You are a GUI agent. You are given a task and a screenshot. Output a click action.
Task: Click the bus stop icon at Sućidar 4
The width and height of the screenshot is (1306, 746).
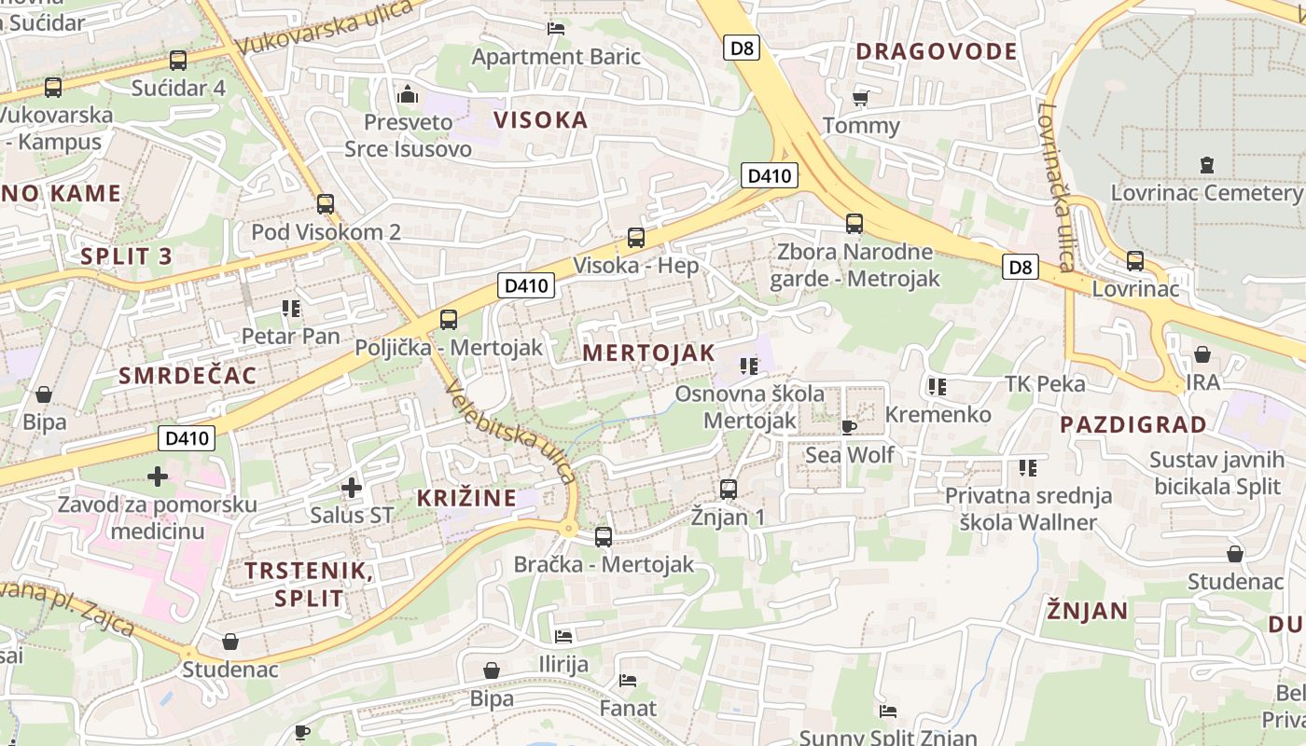(178, 61)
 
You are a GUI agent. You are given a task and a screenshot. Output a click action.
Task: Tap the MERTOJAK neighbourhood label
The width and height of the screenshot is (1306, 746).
(648, 352)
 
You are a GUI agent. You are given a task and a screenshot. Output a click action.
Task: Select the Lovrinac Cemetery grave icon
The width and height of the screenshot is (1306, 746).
(1207, 166)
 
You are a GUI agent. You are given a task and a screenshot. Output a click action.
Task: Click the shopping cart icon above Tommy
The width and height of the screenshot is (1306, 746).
(860, 98)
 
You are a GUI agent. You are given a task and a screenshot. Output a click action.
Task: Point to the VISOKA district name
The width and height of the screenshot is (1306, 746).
(540, 119)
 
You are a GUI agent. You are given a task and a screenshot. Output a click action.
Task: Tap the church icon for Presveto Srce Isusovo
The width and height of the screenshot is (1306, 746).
(408, 94)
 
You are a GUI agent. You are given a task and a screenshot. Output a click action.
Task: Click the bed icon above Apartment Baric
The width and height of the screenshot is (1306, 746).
(556, 29)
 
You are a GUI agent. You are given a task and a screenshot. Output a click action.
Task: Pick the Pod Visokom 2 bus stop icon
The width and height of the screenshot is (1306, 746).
(326, 203)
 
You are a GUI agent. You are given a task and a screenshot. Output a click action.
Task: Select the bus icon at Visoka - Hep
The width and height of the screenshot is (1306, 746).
(636, 237)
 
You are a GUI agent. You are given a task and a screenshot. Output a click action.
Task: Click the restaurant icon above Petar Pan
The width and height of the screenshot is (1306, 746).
(290, 309)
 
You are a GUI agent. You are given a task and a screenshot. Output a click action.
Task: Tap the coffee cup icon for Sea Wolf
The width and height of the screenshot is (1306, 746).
(849, 427)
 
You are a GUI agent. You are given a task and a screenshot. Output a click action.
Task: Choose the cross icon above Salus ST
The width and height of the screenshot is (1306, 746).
(352, 487)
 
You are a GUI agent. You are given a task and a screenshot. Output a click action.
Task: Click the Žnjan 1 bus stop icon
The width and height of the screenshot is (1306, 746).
(729, 489)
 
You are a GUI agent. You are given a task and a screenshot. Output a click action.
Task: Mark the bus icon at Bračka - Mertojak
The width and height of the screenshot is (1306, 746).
(604, 536)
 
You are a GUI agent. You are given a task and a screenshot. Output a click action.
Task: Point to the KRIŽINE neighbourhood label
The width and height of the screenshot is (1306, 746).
(466, 498)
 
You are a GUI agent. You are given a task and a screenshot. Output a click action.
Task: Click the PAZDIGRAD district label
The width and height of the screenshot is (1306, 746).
(1133, 424)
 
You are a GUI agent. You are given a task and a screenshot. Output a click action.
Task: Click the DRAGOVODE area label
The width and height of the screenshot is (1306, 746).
(937, 51)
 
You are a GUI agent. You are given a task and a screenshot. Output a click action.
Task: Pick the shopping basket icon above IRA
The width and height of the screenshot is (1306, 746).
(1202, 354)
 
